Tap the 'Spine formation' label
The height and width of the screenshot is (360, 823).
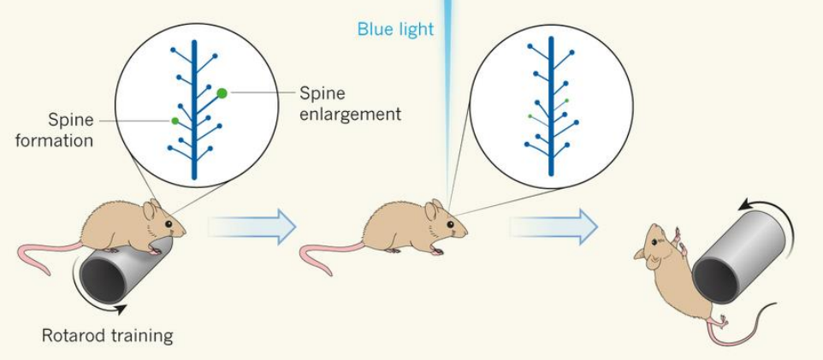coord(54,130)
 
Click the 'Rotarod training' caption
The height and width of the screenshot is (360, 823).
coord(107,335)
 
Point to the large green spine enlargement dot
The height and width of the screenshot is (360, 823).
coord(222,92)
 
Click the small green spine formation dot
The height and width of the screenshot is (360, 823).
coord(175,121)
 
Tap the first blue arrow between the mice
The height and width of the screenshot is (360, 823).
coord(252,227)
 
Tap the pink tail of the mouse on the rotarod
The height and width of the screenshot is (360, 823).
coord(47,253)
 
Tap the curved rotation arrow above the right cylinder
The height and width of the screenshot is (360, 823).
coord(773,205)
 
